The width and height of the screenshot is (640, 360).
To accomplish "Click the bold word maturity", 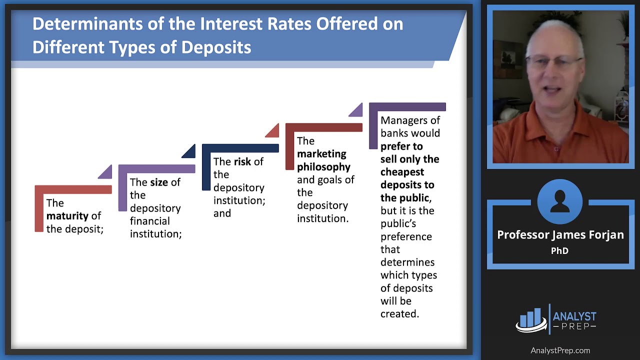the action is click(x=67, y=216).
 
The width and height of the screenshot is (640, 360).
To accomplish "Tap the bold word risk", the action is click(x=242, y=161).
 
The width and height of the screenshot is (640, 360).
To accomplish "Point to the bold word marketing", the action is click(x=321, y=154).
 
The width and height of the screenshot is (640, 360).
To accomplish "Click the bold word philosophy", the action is click(x=323, y=167).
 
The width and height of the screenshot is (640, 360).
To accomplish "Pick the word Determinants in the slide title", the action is click(x=87, y=23).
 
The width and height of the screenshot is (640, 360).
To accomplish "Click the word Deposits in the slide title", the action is click(x=216, y=47).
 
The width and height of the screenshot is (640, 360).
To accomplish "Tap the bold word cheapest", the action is click(x=402, y=172).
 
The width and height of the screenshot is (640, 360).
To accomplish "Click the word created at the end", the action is click(x=399, y=314).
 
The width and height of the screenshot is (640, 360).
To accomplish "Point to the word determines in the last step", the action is click(x=407, y=262).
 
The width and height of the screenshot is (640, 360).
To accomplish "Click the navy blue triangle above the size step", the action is click(x=189, y=151).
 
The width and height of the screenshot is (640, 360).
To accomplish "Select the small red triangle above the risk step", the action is click(x=272, y=130).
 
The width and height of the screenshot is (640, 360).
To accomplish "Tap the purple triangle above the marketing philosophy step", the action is click(x=356, y=110).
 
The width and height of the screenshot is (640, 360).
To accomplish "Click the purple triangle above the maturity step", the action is click(x=105, y=172).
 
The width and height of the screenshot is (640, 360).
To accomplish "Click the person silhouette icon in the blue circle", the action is click(x=560, y=201).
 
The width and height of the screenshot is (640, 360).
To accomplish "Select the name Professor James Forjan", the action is click(x=560, y=235).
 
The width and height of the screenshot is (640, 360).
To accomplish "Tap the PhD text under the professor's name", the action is click(x=559, y=251).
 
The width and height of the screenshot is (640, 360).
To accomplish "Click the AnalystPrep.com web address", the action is click(x=560, y=350).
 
